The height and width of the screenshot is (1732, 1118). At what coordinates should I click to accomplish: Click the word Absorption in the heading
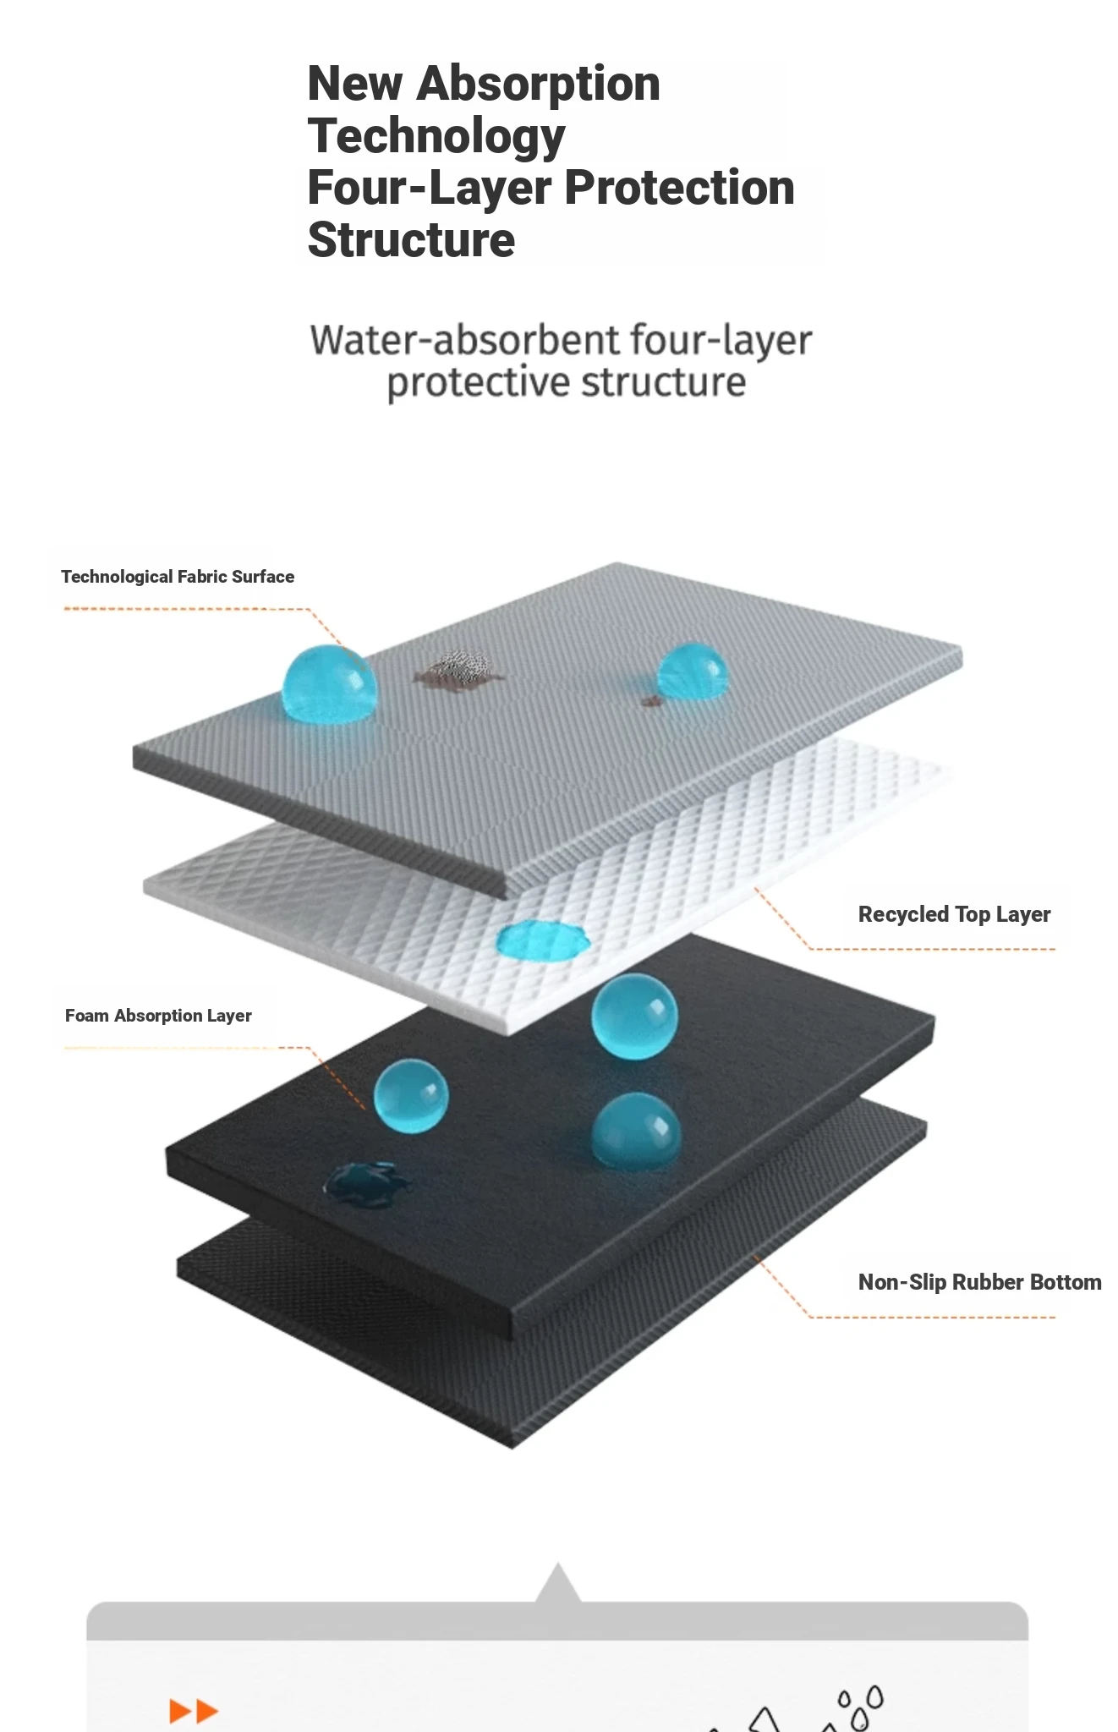pyautogui.click(x=538, y=85)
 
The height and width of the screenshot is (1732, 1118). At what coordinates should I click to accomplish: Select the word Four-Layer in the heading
pyautogui.click(x=430, y=188)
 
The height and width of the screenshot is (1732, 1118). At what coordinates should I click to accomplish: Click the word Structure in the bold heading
pyautogui.click(x=411, y=240)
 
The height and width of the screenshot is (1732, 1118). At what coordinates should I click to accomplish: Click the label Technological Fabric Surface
pyautogui.click(x=178, y=577)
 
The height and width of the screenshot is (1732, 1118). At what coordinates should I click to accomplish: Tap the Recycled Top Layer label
pyautogui.click(x=954, y=915)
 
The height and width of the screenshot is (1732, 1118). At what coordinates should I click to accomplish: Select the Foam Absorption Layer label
pyautogui.click(x=158, y=1016)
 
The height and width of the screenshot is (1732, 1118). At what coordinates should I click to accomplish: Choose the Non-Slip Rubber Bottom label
pyautogui.click(x=979, y=1283)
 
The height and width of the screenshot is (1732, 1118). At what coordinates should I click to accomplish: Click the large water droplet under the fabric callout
pyautogui.click(x=329, y=683)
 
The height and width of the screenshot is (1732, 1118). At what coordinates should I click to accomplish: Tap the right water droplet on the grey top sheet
pyautogui.click(x=692, y=671)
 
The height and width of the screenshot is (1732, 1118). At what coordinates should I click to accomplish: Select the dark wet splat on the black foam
pyautogui.click(x=367, y=1182)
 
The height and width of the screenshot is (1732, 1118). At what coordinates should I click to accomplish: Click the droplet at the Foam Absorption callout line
pyautogui.click(x=411, y=1095)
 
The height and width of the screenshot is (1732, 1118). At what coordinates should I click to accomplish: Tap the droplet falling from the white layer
pyautogui.click(x=634, y=1016)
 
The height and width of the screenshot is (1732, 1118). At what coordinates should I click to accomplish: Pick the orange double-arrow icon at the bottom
pyautogui.click(x=194, y=1711)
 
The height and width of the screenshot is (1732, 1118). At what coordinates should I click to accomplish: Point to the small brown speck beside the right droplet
pyautogui.click(x=650, y=701)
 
